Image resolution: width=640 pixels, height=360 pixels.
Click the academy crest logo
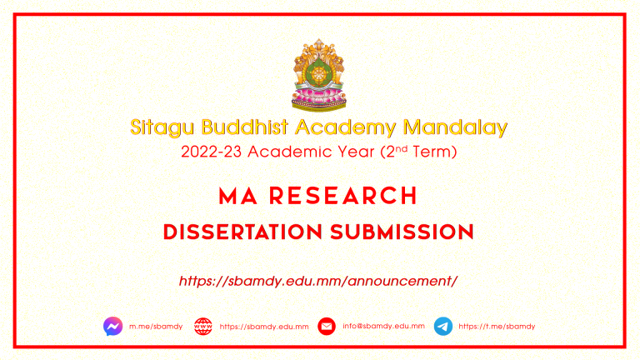tap(319, 75)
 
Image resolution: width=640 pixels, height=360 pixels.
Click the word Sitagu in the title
tap(162, 127)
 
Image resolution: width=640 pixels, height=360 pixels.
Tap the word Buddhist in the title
tap(245, 127)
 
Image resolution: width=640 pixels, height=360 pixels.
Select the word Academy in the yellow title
tap(345, 127)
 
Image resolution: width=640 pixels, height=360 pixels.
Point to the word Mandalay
tap(455, 127)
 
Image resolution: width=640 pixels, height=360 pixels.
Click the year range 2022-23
tap(212, 152)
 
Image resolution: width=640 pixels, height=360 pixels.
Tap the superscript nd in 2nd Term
tap(402, 148)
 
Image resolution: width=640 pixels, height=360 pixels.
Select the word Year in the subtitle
tap(356, 152)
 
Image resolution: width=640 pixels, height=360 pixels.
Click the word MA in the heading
tap(238, 196)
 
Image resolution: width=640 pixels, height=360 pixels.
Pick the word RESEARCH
tap(342, 196)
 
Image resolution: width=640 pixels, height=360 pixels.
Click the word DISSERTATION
tap(242, 232)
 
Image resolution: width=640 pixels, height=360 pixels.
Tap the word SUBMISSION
tap(402, 232)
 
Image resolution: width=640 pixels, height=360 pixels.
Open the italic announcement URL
tap(318, 281)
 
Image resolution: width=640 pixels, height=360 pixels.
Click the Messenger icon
tap(113, 326)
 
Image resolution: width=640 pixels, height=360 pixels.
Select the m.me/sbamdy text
tap(156, 327)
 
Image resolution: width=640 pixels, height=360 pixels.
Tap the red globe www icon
tap(203, 327)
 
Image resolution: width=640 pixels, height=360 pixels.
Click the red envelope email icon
tap(327, 326)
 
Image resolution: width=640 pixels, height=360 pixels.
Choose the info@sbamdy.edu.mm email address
tap(383, 326)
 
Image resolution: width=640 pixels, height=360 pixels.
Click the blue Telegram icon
tap(443, 326)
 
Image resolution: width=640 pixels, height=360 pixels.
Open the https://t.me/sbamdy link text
tap(497, 327)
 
